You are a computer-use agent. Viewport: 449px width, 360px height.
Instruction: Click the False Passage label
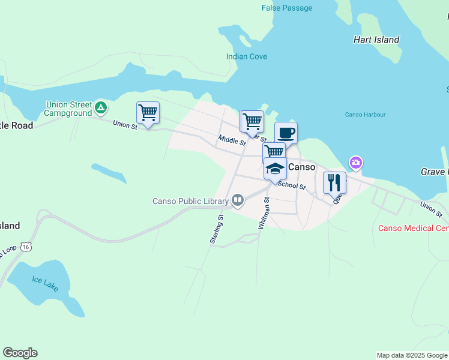[x=287, y=8]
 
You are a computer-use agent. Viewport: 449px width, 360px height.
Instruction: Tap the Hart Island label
[x=376, y=40]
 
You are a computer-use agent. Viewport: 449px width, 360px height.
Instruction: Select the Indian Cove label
[x=247, y=56]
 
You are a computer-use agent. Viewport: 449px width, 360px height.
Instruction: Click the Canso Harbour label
[x=365, y=115]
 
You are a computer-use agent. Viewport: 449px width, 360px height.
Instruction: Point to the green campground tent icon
[x=101, y=108]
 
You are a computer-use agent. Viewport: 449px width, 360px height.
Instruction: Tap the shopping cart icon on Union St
[x=148, y=112]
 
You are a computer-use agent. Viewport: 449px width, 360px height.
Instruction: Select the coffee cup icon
[x=286, y=133]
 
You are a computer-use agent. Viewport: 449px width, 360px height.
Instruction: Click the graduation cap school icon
[x=275, y=169]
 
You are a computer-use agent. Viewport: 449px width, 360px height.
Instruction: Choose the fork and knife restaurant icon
[x=334, y=182]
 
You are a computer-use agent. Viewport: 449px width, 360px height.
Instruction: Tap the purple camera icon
[x=355, y=163]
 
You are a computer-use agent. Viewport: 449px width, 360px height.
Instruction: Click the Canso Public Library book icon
[x=238, y=200]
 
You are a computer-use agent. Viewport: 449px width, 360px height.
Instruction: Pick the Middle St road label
[x=232, y=141]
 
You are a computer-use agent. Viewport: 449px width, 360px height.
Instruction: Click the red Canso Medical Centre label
[x=413, y=228]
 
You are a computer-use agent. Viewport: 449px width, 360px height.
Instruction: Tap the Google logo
[x=20, y=353]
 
